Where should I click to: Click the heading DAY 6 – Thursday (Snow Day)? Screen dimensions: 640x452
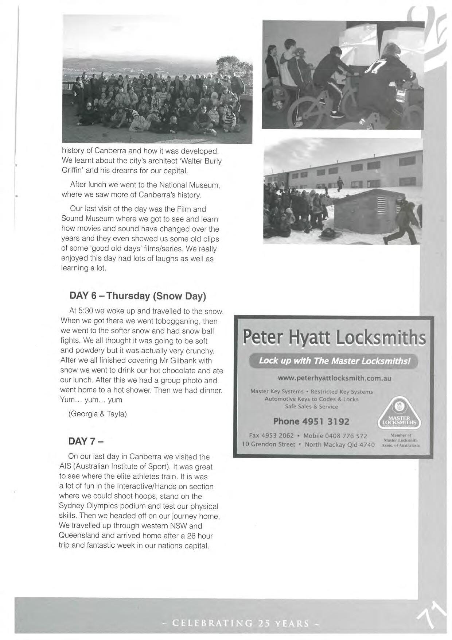pyautogui.click(x=138, y=296)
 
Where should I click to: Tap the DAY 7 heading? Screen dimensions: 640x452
pyautogui.click(x=86, y=441)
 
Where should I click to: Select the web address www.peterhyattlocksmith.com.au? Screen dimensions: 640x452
pyautogui.click(x=334, y=378)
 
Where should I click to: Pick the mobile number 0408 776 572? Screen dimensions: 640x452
pyautogui.click(x=346, y=436)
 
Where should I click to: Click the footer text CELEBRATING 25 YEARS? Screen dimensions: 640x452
pyautogui.click(x=241, y=623)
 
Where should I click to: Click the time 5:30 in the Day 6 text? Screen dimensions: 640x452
pyautogui.click(x=87, y=311)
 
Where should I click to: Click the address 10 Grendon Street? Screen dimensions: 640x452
pyautogui.click(x=268, y=444)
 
